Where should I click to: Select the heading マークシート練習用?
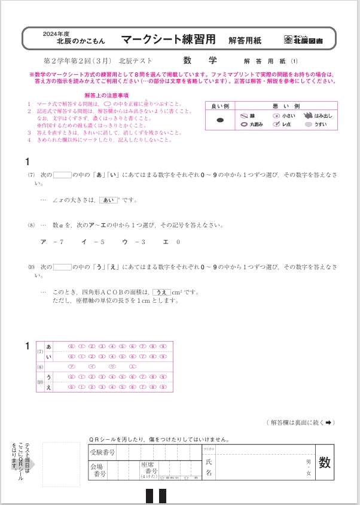[168, 40]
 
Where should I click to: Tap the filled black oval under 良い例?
[220, 120]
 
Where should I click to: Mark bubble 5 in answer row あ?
[122, 346]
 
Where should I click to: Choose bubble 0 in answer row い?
[71, 357]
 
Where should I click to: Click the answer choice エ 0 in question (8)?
[170, 242]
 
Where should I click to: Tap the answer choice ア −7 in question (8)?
[52, 242]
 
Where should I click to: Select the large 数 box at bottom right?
[325, 462]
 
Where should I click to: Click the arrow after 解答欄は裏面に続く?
[328, 422]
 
